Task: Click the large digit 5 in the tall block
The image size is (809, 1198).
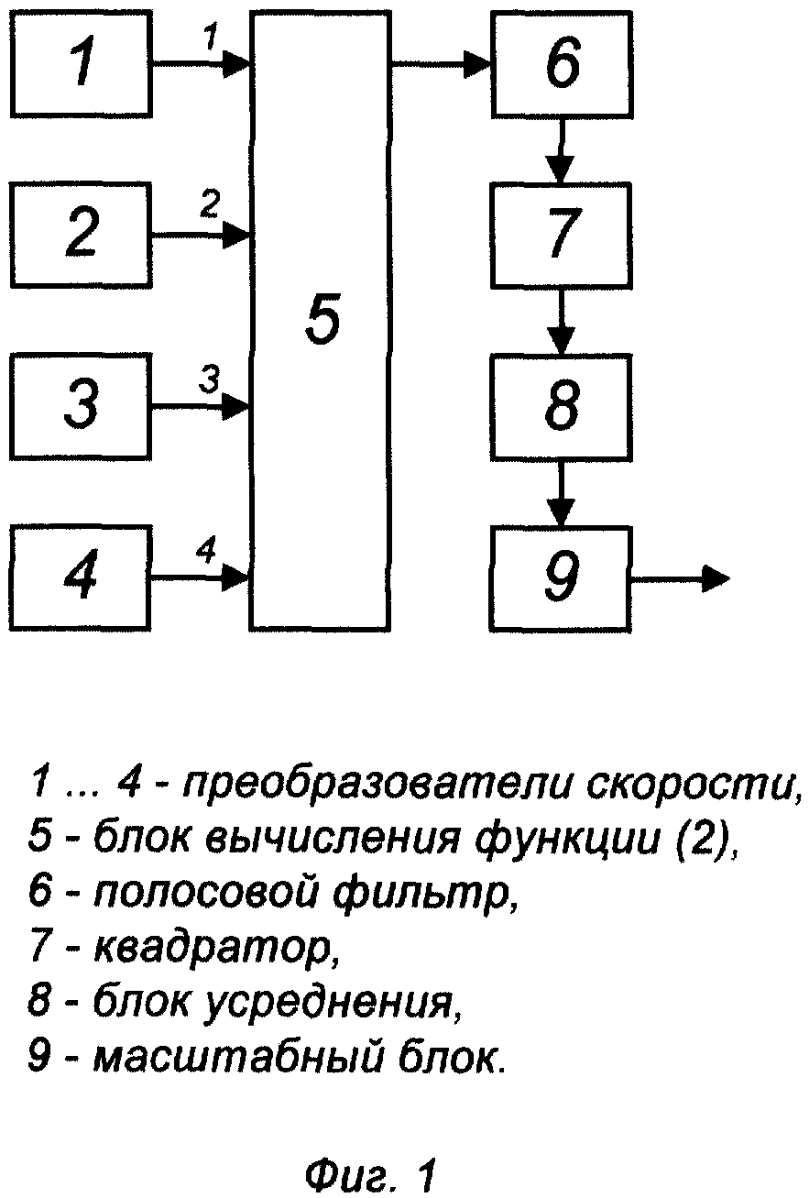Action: click(323, 319)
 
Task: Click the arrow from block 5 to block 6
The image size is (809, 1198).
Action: click(441, 64)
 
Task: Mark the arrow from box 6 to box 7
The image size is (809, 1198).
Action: click(561, 150)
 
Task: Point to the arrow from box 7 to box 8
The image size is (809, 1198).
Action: click(561, 321)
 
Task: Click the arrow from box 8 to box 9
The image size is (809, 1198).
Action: click(561, 492)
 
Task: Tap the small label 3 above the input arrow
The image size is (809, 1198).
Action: click(209, 379)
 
